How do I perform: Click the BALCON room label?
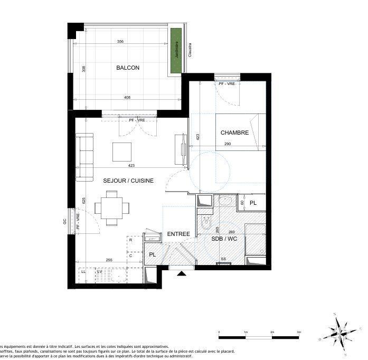128,68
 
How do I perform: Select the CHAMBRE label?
234,132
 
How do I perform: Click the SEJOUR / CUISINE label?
128,181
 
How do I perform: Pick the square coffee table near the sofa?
122,152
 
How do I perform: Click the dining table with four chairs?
111,207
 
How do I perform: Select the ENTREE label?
178,234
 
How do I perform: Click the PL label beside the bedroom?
253,203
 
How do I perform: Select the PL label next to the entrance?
153,255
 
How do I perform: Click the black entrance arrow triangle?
181,273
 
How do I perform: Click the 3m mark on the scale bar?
299,332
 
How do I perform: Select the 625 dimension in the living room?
84,201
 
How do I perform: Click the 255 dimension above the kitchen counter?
109,260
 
